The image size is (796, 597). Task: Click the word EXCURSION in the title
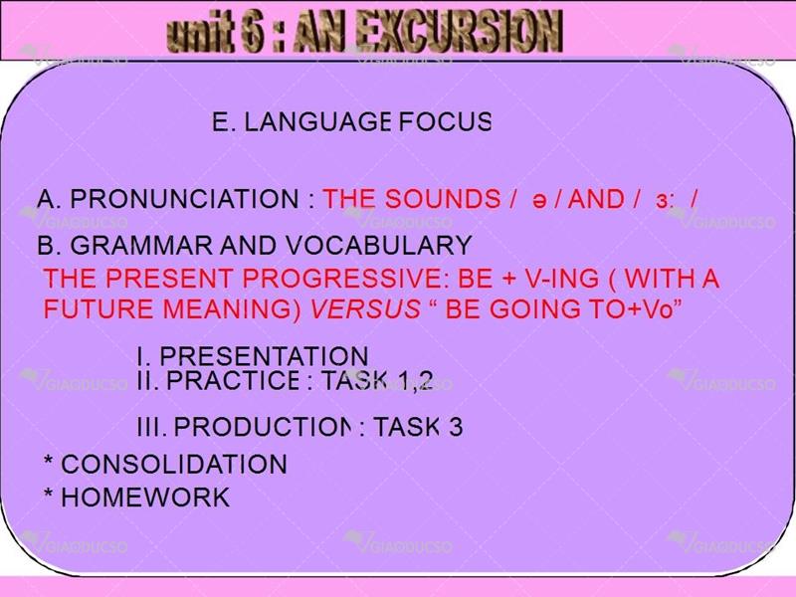pyautogui.click(x=459, y=31)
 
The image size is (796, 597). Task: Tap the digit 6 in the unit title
pyautogui.click(x=252, y=32)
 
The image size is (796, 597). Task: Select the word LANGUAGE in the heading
pyautogui.click(x=317, y=121)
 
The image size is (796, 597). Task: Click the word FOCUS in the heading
pyautogui.click(x=445, y=121)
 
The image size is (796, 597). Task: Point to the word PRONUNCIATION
pyautogui.click(x=184, y=198)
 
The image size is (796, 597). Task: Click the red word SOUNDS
pyautogui.click(x=442, y=198)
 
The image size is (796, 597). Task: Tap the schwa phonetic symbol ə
pyautogui.click(x=539, y=201)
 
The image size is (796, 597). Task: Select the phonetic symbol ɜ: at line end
pyautogui.click(x=665, y=201)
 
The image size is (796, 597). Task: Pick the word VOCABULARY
pyautogui.click(x=379, y=246)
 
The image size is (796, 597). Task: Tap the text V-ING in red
pyautogui.click(x=561, y=279)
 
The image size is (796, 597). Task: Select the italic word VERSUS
pyautogui.click(x=365, y=309)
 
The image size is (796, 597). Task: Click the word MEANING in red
pyautogui.click(x=232, y=309)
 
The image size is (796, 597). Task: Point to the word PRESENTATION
pyautogui.click(x=264, y=356)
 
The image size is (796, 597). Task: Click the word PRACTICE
pyautogui.click(x=233, y=380)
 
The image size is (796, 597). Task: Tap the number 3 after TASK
pyautogui.click(x=456, y=427)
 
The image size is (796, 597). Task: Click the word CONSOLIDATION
pyautogui.click(x=174, y=464)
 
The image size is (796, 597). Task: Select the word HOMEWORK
pyautogui.click(x=145, y=497)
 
